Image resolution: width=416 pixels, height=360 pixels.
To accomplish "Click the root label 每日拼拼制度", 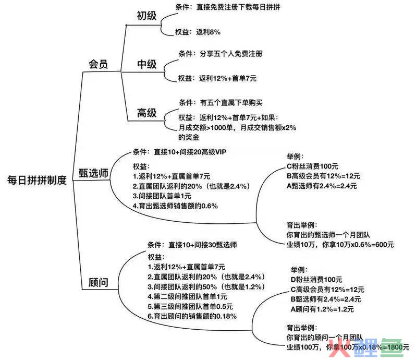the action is point(37,181).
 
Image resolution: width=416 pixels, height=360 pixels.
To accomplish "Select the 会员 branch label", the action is point(98,64).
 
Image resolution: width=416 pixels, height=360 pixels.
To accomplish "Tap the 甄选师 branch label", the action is point(93,173).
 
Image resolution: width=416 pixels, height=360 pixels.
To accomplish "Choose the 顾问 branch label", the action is point(98,282).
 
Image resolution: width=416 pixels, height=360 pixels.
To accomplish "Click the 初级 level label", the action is point(146,16).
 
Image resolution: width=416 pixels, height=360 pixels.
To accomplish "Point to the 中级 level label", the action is point(146,64).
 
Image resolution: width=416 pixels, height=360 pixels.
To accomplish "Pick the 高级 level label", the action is point(146,113).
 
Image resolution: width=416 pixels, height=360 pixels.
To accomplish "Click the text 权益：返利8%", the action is point(198,32).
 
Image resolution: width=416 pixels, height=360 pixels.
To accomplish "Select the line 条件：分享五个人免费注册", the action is point(221,54).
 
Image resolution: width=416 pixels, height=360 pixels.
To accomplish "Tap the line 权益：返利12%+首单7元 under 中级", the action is point(217,78).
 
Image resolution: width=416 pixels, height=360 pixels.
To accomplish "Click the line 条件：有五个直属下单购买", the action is point(221,102).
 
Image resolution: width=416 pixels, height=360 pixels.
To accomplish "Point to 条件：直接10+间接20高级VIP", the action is point(180,152).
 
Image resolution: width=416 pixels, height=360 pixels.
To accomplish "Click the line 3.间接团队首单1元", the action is point(162,196).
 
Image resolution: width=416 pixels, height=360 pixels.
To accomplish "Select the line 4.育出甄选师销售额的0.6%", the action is point(175,206).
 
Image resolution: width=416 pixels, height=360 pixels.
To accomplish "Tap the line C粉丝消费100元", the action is point(313,166).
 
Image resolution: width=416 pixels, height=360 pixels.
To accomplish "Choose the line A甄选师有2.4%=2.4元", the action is point(322,186).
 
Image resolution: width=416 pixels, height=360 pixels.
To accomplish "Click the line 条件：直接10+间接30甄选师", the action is point(192,245).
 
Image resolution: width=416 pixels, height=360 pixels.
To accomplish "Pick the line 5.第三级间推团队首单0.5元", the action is point(190,306).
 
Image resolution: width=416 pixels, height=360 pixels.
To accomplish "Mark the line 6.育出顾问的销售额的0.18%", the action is point(192,316).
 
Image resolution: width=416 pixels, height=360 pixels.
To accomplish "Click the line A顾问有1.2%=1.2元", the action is point(322,309).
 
